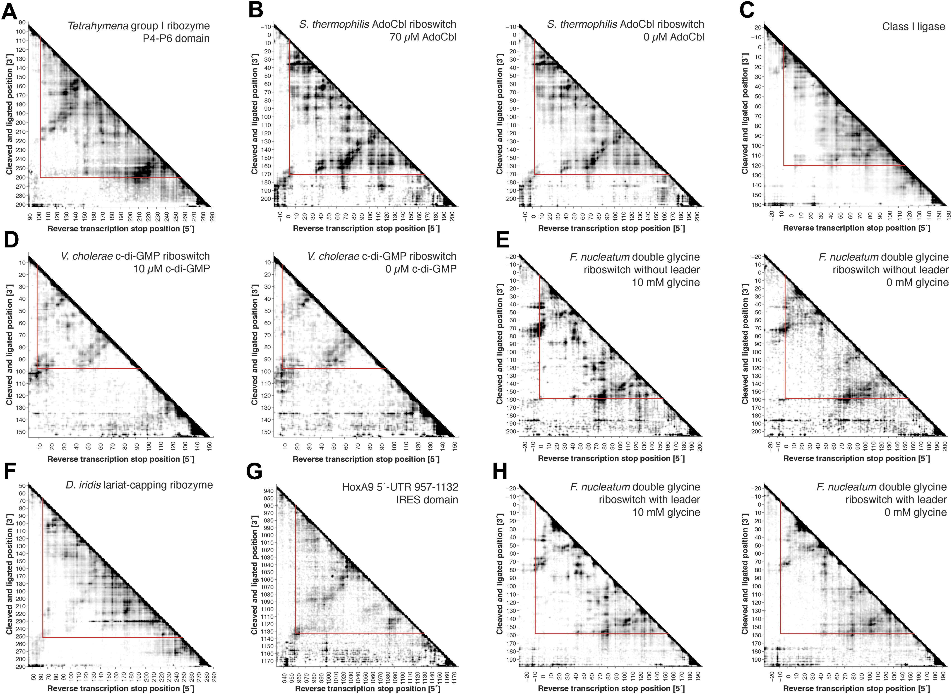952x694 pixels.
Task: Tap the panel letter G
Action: coord(254,471)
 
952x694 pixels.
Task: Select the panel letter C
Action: coord(747,10)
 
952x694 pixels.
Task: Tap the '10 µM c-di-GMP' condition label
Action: coord(171,269)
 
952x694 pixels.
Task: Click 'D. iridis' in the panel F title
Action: coord(83,485)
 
